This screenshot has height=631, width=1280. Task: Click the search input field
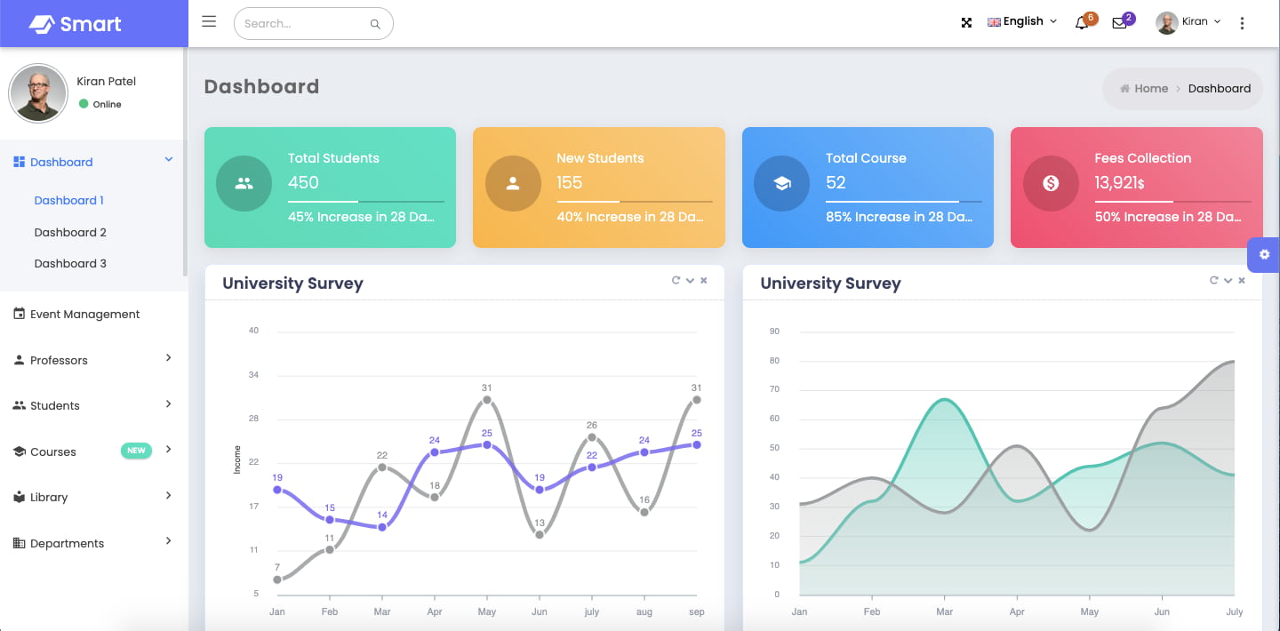pyautogui.click(x=302, y=24)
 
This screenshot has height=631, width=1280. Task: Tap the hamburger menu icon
pyautogui.click(x=209, y=21)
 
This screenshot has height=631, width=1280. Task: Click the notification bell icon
pyautogui.click(x=1082, y=23)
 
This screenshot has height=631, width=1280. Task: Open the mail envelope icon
pyautogui.click(x=1119, y=23)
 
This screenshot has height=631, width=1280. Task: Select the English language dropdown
pyautogui.click(x=1022, y=21)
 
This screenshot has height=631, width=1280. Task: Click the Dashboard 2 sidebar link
pyautogui.click(x=70, y=232)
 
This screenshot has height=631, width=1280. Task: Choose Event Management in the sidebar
pyautogui.click(x=84, y=314)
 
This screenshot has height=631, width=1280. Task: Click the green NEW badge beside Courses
pyautogui.click(x=136, y=451)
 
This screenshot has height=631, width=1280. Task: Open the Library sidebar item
pyautogui.click(x=49, y=497)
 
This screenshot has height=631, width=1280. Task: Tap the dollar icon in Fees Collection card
pyautogui.click(x=1051, y=183)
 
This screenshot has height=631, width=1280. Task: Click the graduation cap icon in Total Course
pyautogui.click(x=781, y=183)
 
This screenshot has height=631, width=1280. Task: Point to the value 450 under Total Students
pyautogui.click(x=303, y=182)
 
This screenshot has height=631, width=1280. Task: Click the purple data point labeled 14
pyautogui.click(x=382, y=527)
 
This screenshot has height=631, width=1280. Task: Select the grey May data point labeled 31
pyautogui.click(x=487, y=400)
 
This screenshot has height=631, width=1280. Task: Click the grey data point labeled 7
pyautogui.click(x=277, y=579)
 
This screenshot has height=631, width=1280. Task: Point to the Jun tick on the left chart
pyautogui.click(x=539, y=611)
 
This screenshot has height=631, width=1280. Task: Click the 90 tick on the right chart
pyautogui.click(x=774, y=331)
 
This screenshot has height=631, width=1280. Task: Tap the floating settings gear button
pyautogui.click(x=1264, y=254)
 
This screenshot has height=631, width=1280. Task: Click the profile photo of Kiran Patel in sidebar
pyautogui.click(x=38, y=93)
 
